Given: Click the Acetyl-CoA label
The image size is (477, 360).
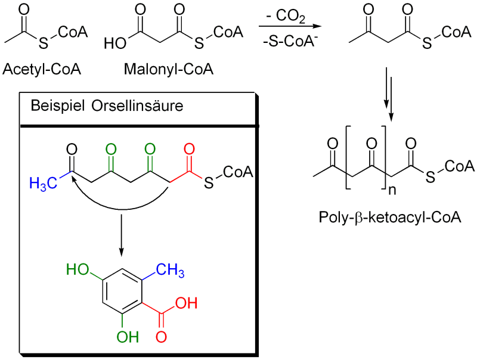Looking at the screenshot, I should (x=42, y=69).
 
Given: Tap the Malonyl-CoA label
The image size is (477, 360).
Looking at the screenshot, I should (x=169, y=69).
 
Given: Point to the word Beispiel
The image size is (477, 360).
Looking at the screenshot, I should (x=58, y=106).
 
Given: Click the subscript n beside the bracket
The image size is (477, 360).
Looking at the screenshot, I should (x=392, y=190).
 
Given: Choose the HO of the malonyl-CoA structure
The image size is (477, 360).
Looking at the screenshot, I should (x=116, y=44).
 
